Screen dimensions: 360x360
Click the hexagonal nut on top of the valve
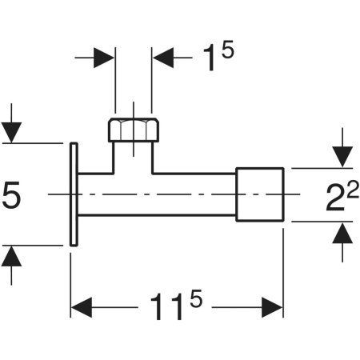[x=134, y=130]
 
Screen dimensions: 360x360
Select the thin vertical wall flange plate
[x=74, y=194]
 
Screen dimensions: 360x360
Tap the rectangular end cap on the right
[x=260, y=194]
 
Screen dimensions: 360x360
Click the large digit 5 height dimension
[x=11, y=194]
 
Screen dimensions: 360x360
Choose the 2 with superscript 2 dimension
[x=342, y=195]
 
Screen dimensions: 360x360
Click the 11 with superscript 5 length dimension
[x=176, y=305]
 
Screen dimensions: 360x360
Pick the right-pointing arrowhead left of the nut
[x=104, y=58]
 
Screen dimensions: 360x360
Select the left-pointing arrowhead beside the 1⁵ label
[x=163, y=58]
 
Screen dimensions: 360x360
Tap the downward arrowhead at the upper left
[x=11, y=133]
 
